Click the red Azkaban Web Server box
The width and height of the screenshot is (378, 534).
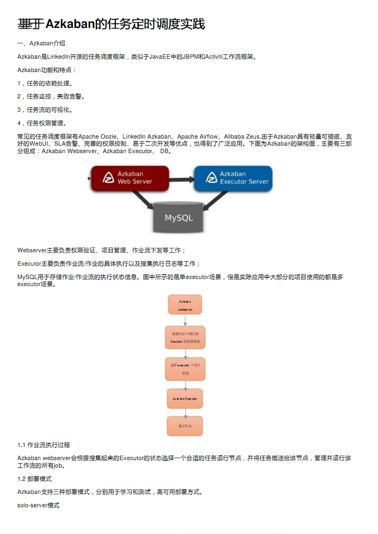(130, 178)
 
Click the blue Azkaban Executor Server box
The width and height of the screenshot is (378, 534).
(233, 178)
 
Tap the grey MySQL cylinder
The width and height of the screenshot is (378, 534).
(179, 217)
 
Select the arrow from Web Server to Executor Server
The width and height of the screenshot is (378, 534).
(181, 179)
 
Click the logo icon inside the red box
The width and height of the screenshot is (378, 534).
(108, 178)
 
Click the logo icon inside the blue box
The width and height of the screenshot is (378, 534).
(211, 178)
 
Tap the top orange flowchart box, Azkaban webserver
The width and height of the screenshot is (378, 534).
(185, 305)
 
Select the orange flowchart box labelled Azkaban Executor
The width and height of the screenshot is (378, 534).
(185, 399)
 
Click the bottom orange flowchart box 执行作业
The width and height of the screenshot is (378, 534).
(185, 426)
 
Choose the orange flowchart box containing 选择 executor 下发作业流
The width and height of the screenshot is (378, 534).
(185, 369)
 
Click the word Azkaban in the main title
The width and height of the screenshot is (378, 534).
(70, 24)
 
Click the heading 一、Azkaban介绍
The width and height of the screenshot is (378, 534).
(41, 43)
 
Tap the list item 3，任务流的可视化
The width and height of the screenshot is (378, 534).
(45, 110)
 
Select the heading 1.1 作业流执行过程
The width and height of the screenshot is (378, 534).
(44, 445)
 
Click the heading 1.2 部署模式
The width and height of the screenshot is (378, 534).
(35, 479)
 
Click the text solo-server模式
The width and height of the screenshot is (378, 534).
(39, 505)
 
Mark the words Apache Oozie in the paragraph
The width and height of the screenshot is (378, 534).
(97, 137)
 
